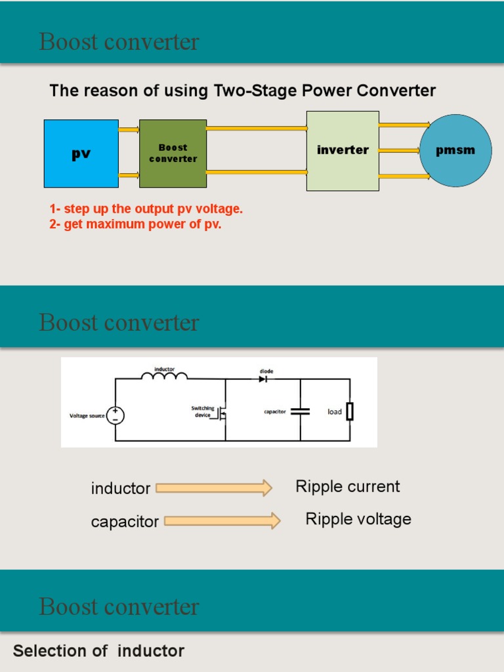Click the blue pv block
81,154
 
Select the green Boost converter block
173,154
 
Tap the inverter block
343,151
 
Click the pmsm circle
455,151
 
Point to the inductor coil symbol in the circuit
164,376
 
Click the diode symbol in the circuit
262,379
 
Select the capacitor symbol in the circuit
300,411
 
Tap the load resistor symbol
350,411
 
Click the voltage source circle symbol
115,415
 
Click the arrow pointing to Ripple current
214,488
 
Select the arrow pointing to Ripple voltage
222,521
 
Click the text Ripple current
347,487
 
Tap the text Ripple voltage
358,519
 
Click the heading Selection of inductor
98,651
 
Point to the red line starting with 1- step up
146,209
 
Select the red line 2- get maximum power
135,224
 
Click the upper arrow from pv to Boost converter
129,130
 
